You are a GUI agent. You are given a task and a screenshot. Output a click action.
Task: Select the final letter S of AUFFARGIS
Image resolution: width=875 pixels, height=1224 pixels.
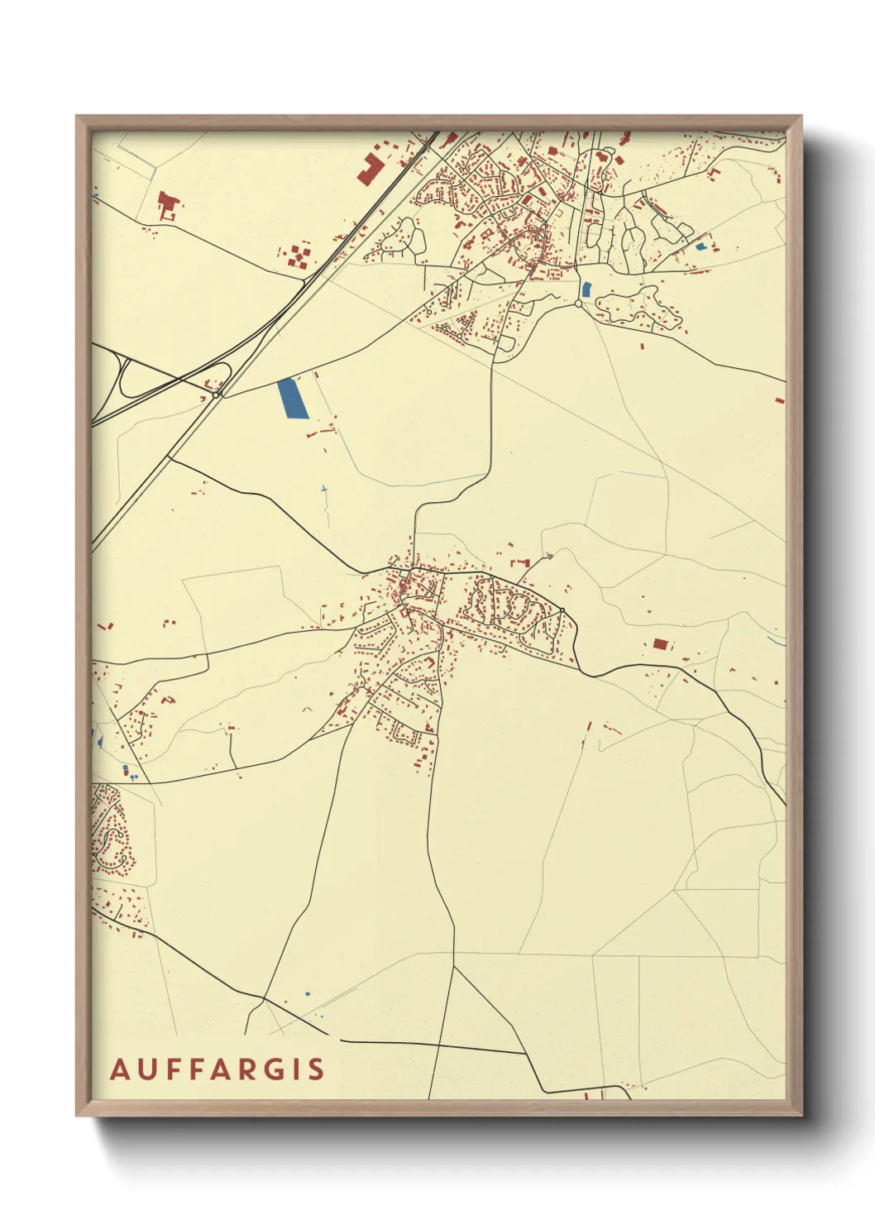[317, 1069]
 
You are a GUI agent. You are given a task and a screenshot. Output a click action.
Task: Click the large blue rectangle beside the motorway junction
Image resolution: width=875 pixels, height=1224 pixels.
[289, 398]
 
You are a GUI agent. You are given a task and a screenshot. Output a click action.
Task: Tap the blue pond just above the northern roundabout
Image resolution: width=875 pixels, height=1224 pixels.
[586, 289]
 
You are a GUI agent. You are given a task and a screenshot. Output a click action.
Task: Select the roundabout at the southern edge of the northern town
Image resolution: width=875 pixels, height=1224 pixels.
[578, 304]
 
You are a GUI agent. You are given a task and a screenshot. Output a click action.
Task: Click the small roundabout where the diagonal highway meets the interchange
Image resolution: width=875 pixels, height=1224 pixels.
[216, 395]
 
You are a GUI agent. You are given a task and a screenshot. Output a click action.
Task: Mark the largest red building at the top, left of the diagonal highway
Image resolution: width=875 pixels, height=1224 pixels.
[371, 168]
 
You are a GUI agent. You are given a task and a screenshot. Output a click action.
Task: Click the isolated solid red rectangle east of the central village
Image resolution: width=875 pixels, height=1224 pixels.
[660, 643]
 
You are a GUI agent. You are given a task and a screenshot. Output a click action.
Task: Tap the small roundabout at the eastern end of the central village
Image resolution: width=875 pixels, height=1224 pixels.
[562, 611]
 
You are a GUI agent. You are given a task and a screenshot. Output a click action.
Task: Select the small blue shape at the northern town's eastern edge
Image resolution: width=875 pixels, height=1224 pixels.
[701, 246]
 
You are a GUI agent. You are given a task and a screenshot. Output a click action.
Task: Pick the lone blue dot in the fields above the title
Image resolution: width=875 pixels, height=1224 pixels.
[308, 993]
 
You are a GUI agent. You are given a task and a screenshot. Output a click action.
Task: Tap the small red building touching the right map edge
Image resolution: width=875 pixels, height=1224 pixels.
[779, 400]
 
